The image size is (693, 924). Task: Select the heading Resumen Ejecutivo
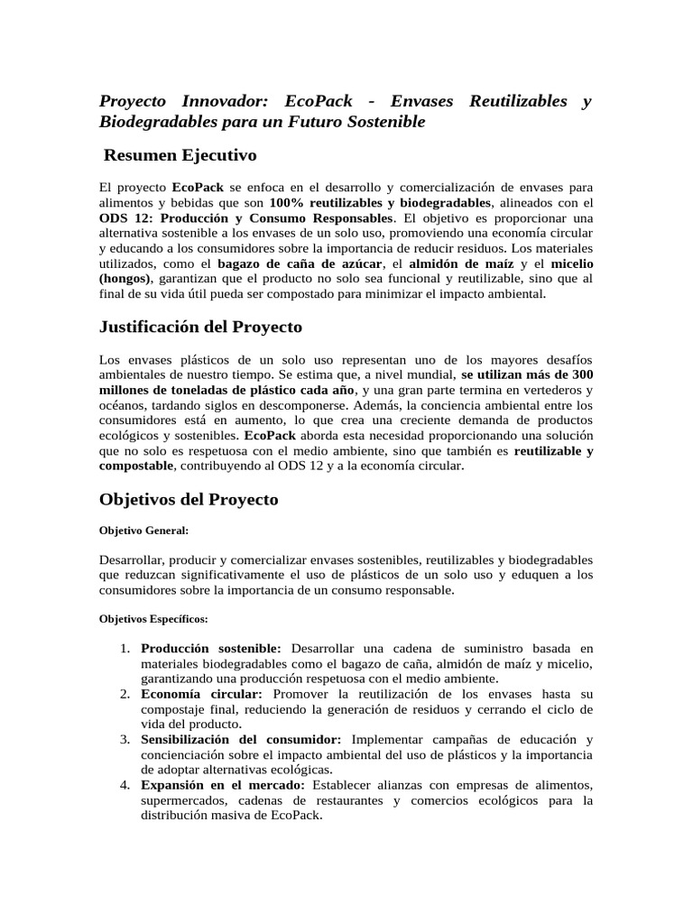(181, 155)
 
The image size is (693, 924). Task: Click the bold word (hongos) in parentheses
(125, 279)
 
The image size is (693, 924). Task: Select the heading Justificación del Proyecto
(200, 326)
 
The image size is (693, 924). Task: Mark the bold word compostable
(134, 466)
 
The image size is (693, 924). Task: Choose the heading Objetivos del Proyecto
(189, 499)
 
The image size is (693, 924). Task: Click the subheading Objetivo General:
(143, 531)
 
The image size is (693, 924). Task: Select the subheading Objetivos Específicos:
(152, 619)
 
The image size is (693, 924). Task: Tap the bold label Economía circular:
(201, 694)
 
